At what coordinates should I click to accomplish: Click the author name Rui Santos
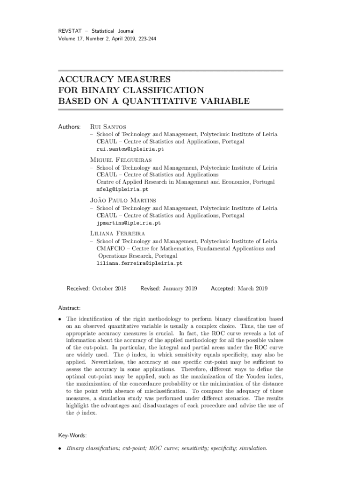click(109, 126)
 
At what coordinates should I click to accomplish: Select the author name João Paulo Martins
click(123, 200)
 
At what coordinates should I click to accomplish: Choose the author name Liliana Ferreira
click(117, 233)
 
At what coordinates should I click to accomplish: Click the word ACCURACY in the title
click(86, 80)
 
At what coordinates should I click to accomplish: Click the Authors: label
click(69, 126)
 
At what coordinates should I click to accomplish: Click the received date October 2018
click(109, 289)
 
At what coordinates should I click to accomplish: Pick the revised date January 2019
click(180, 289)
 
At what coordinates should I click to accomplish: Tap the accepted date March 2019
click(252, 289)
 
